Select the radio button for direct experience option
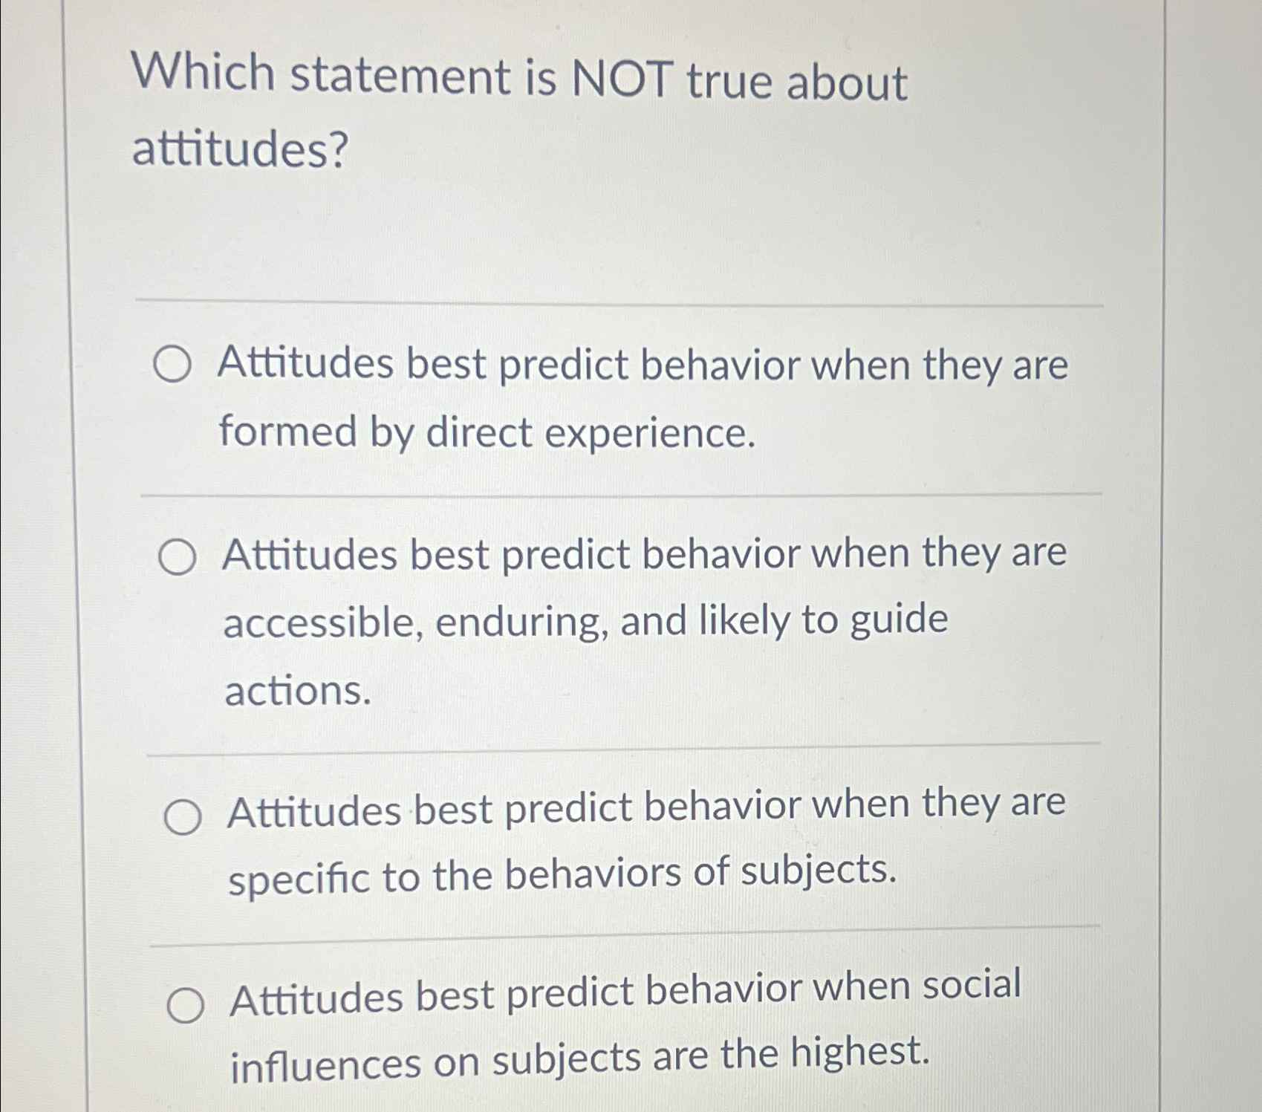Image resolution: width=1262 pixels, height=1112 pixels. tap(172, 366)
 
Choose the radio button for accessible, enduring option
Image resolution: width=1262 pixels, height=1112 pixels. tap(178, 558)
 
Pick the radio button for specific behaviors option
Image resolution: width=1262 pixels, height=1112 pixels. tap(182, 817)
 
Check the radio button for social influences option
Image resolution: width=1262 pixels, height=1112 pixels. tap(185, 1006)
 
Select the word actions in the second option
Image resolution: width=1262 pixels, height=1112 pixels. tap(297, 691)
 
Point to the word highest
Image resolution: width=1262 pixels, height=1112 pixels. tap(859, 1052)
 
